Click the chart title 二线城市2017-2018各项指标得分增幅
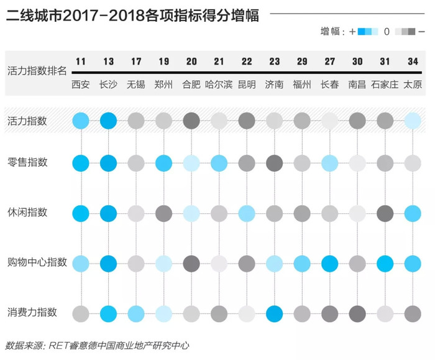pos(132,16)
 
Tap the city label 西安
pos(81,85)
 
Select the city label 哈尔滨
pos(219,85)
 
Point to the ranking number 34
pos(413,62)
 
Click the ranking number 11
pos(81,62)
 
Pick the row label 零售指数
pos(27,162)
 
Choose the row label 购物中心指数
pos(37,262)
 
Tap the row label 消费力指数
pos(32,312)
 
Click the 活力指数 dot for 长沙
pos(109,121)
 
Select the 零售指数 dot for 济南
pos(275,163)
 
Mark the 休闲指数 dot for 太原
pos(413,213)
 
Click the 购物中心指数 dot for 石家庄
pos(385,264)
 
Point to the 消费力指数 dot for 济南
pos(275,314)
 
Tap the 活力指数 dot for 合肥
pos(191,121)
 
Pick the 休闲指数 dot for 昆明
pos(247,213)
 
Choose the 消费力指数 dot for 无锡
pos(136,314)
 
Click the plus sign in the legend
pos(352,32)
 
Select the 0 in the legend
pos(387,32)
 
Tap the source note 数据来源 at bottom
pos(24,346)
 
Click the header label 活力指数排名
pos(37,71)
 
